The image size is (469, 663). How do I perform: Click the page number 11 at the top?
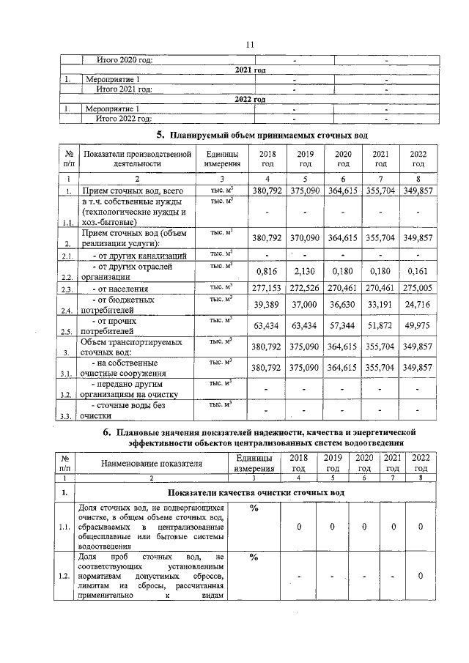tap(249, 45)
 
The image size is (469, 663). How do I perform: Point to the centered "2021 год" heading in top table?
tap(250, 70)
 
